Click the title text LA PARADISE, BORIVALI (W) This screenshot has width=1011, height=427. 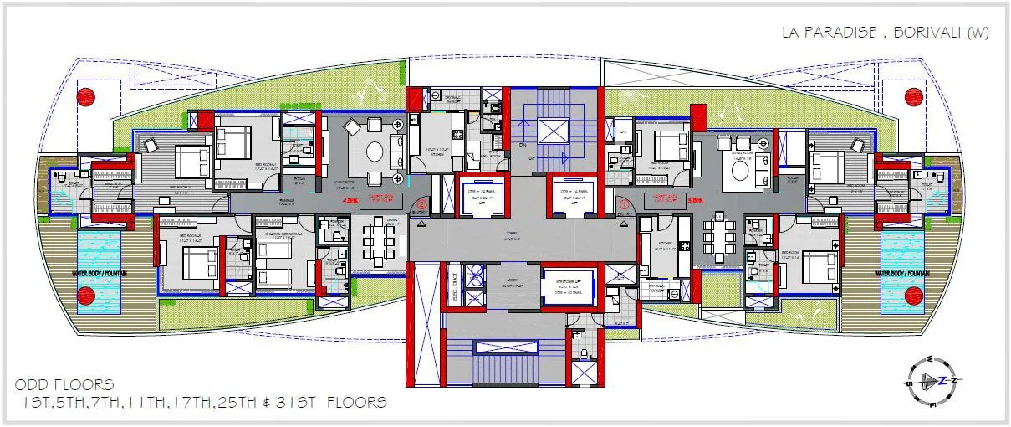pos(885,33)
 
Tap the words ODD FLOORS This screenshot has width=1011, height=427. pos(64,385)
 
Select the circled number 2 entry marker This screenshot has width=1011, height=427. pos(422,203)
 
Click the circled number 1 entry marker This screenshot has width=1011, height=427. pos(623,203)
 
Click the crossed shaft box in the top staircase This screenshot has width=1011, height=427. pos(553,131)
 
